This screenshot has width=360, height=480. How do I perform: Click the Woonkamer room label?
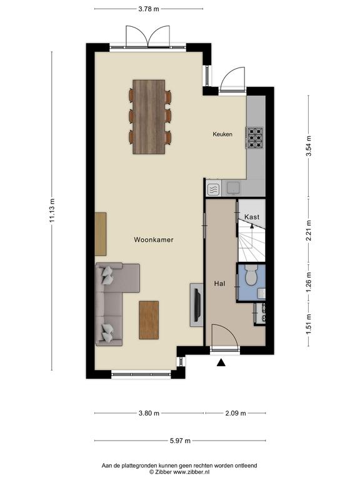click(153, 240)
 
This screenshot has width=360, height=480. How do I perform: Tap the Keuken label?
click(222, 134)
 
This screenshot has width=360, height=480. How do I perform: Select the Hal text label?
click(219, 284)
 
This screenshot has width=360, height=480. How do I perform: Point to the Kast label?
click(252, 217)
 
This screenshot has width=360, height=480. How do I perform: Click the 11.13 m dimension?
click(52, 210)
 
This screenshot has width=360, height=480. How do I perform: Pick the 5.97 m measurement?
click(180, 441)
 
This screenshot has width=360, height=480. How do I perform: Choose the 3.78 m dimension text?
click(149, 9)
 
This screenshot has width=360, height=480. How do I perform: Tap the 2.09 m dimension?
click(236, 413)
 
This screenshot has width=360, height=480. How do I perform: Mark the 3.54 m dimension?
click(309, 146)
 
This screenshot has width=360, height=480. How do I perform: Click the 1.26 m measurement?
click(309, 282)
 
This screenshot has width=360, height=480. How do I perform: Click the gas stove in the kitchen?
click(255, 137)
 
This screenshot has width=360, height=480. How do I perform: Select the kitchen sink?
click(234, 187)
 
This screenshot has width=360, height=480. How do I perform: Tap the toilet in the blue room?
click(252, 274)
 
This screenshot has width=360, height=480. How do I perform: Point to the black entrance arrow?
click(221, 362)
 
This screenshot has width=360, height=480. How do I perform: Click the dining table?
click(149, 117)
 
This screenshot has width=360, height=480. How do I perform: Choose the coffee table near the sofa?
click(149, 320)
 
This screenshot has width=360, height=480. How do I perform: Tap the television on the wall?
click(198, 305)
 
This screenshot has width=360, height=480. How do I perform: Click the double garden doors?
click(148, 37)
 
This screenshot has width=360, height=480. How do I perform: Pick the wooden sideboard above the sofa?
click(101, 234)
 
